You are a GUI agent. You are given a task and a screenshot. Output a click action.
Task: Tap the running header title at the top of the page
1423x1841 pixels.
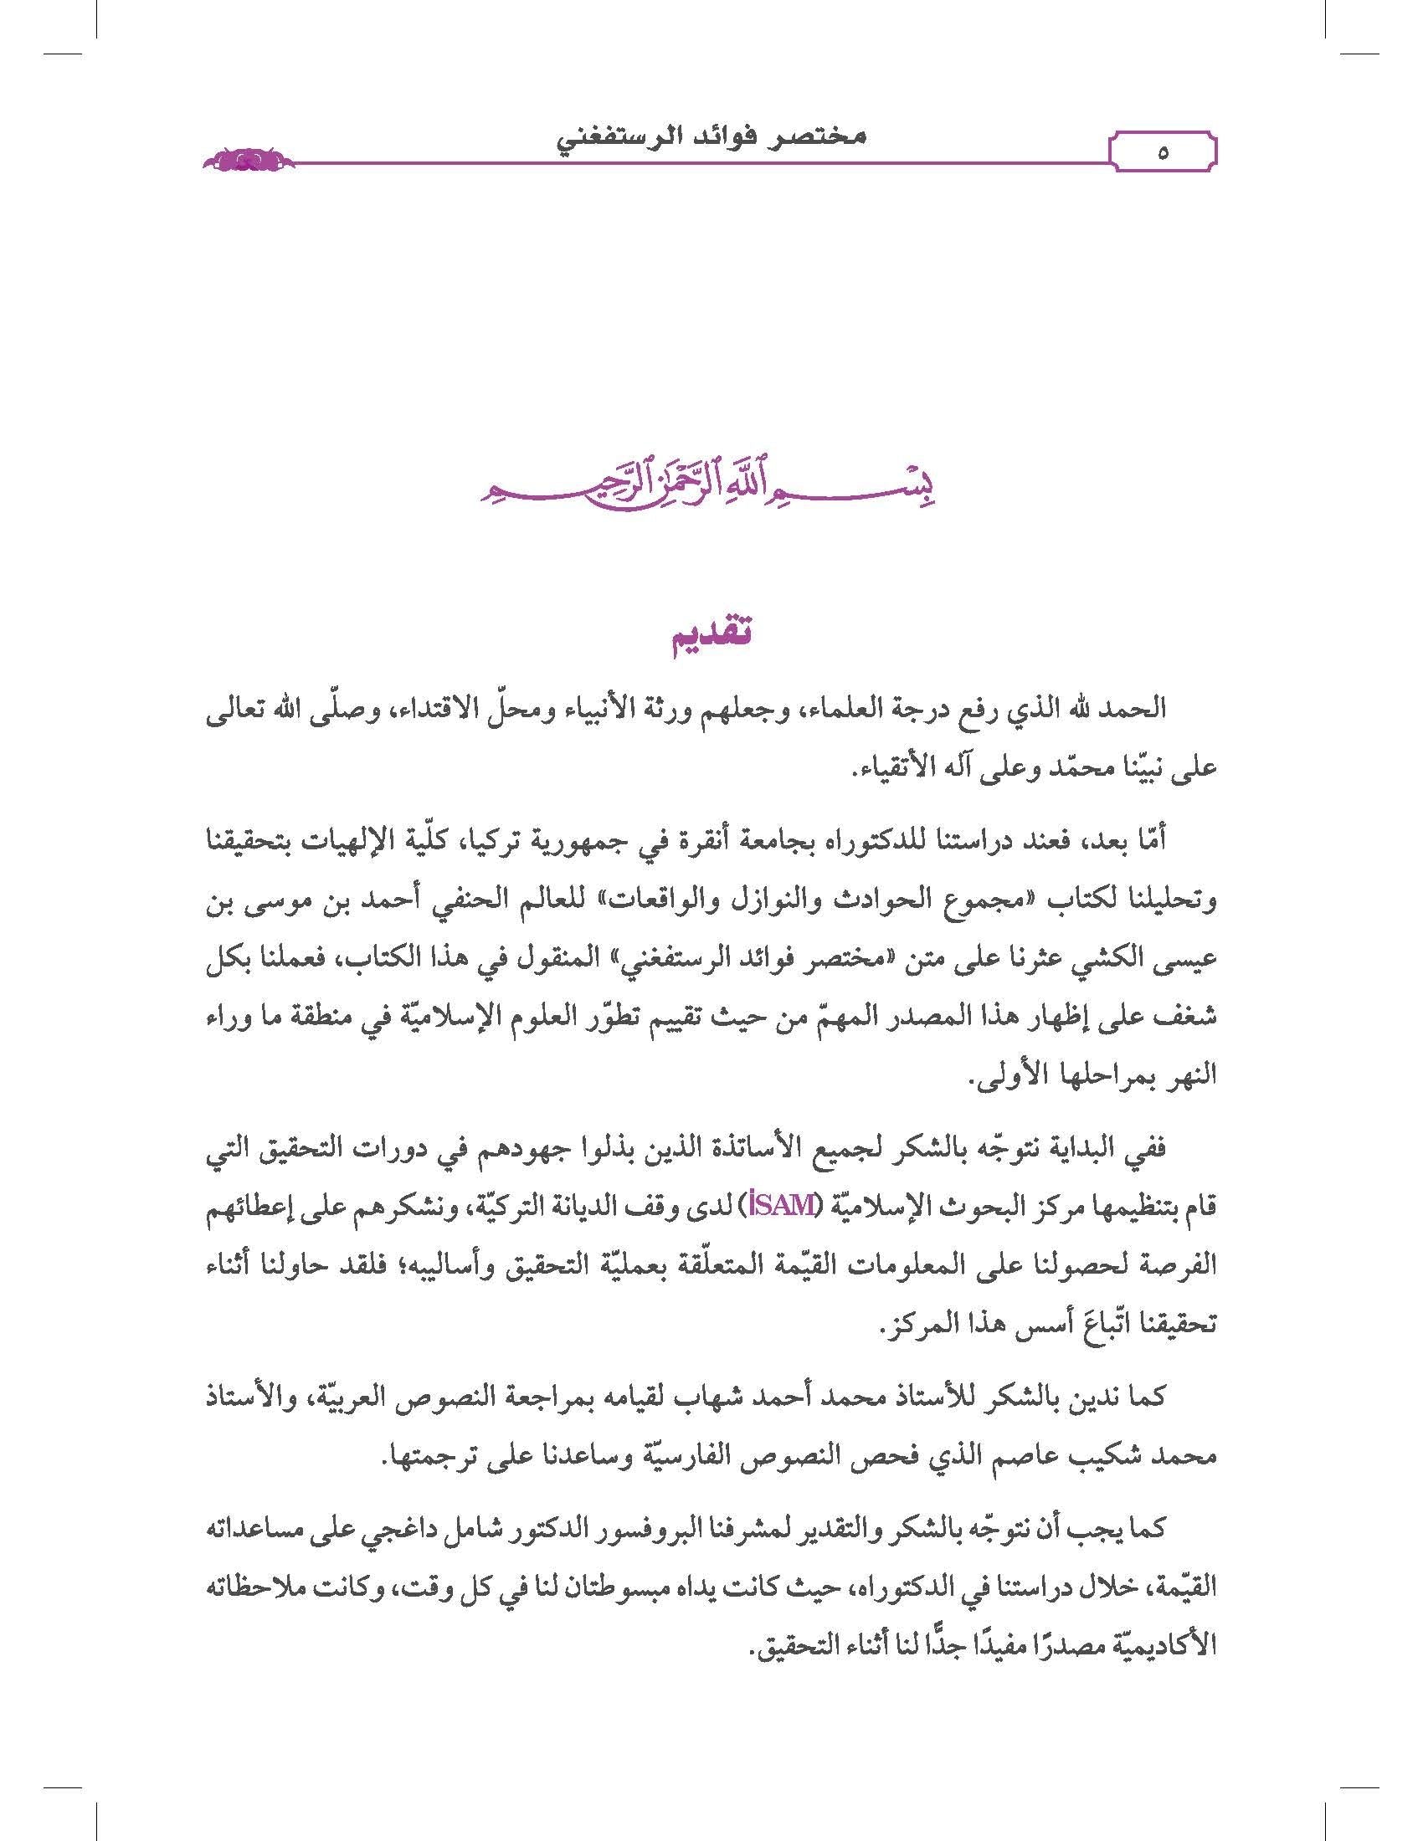pos(711,138)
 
